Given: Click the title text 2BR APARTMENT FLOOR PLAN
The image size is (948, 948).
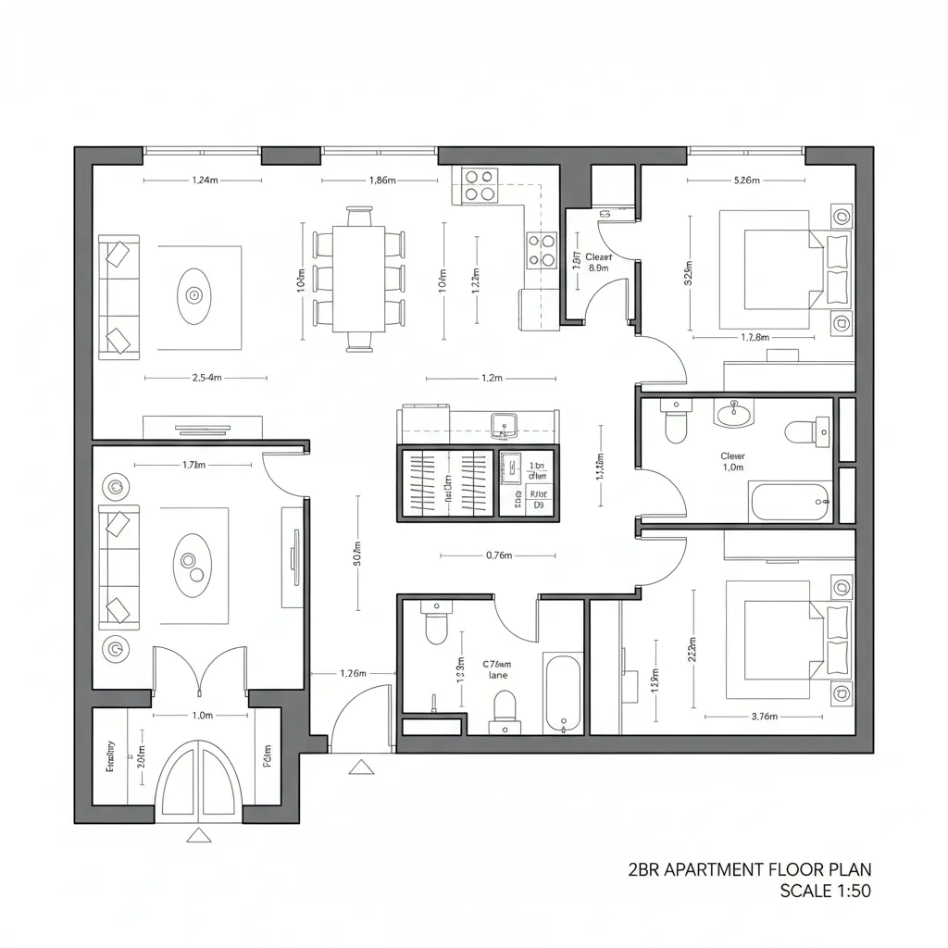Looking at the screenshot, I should (750, 869).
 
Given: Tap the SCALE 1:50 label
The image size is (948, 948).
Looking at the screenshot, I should (825, 892).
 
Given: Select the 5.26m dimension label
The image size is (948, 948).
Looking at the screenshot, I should (746, 181).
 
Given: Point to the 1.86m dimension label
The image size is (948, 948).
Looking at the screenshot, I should (382, 181).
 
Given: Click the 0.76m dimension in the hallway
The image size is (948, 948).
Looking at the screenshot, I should (499, 556).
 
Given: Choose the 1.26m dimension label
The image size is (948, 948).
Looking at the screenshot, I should (354, 673).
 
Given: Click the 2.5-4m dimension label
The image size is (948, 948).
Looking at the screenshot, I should (206, 378).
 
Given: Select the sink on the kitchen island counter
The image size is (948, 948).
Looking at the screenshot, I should (504, 424).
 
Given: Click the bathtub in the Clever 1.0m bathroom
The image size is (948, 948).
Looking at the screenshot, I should (791, 503).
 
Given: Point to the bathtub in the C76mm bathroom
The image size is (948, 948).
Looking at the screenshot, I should (563, 693).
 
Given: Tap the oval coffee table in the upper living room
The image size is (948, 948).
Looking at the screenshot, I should (194, 296).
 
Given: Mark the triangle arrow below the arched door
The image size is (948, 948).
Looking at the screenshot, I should (196, 836).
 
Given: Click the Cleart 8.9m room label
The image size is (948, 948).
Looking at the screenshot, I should (598, 262).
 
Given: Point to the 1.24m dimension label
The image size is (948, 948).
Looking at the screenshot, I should (206, 181).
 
